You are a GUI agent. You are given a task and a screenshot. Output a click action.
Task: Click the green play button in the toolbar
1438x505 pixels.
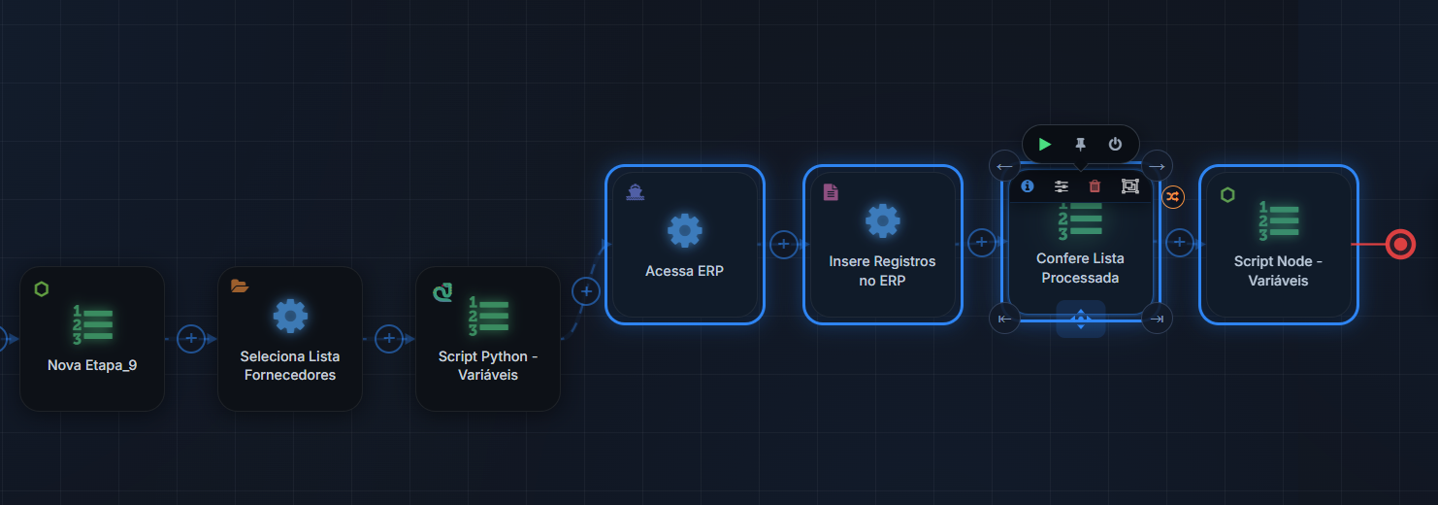tap(1044, 145)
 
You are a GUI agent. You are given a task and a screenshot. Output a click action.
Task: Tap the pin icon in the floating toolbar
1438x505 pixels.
tap(1080, 145)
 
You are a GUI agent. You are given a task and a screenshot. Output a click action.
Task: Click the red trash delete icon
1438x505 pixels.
tap(1095, 186)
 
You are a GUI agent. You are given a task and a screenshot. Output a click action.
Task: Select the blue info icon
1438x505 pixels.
tap(1028, 186)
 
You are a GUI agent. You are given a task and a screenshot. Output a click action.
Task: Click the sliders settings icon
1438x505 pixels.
tap(1062, 186)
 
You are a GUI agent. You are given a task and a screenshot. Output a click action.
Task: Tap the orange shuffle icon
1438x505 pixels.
tap(1173, 197)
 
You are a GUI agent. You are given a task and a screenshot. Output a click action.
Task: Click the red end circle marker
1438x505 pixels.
tap(1400, 244)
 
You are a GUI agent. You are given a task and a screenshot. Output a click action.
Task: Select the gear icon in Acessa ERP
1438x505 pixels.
tap(685, 230)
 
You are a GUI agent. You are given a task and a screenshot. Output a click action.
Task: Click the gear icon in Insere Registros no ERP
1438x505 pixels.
tap(883, 221)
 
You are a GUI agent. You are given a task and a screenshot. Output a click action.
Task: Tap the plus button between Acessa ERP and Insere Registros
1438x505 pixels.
tap(783, 244)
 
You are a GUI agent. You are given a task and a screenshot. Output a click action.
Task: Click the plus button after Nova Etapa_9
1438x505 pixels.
tap(190, 339)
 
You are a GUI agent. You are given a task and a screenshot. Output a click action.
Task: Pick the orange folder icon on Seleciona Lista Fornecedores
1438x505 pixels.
tap(240, 286)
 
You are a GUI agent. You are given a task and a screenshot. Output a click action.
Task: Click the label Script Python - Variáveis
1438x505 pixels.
tap(488, 365)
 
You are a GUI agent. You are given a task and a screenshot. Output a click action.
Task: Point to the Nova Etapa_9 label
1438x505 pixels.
tap(92, 365)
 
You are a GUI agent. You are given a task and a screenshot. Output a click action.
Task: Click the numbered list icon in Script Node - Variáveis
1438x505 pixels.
tap(1279, 221)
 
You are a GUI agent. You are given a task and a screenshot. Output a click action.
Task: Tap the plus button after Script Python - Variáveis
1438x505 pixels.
tap(586, 291)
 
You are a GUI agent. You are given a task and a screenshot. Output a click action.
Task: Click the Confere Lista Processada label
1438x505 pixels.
tap(1080, 268)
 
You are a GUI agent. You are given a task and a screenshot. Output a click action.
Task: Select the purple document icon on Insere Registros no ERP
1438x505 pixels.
tap(831, 192)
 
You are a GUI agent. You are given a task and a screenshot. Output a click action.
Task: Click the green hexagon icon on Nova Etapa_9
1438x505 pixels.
tap(42, 289)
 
